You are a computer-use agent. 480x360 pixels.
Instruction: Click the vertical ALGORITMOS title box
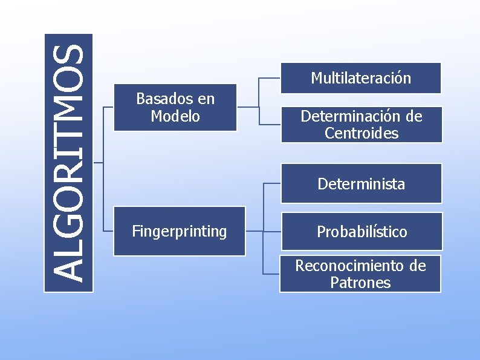coord(68,163)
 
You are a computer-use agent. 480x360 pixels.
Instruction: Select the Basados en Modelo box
coord(175,107)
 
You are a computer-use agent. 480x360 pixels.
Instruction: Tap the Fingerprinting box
coord(180,231)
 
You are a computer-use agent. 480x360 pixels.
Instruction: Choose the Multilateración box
coord(361,78)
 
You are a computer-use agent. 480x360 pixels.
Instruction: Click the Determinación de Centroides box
coord(362,125)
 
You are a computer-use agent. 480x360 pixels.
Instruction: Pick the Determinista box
coord(362,183)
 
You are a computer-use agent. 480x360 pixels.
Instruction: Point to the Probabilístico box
coord(362,231)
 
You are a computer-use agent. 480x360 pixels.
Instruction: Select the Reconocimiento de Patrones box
coord(360,274)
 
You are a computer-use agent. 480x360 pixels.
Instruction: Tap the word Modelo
coord(175,116)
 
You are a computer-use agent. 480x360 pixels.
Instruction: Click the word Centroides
coord(362,133)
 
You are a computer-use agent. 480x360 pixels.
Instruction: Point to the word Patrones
coord(360,283)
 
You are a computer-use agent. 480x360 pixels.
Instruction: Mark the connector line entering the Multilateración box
coord(269,78)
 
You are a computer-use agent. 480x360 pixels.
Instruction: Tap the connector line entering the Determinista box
coord(272,183)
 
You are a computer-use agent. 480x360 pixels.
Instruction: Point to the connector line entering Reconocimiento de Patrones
coord(271,274)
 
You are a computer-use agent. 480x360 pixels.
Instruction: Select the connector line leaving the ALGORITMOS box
coord(99,163)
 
